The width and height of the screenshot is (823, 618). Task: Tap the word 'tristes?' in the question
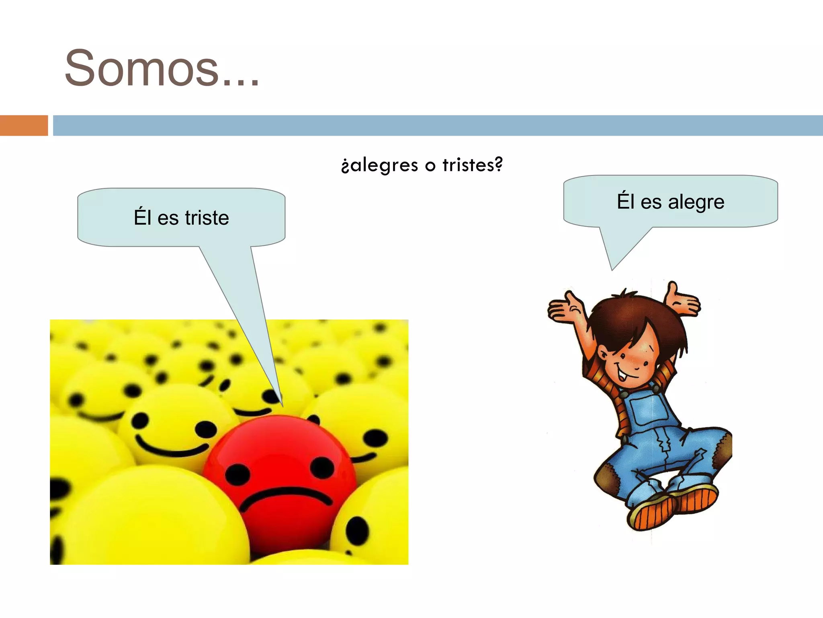pos(473,165)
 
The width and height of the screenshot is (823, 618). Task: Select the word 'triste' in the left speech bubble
pos(207,218)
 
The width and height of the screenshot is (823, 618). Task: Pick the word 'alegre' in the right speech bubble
pos(696,202)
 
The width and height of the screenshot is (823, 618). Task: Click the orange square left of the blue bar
pos(24,126)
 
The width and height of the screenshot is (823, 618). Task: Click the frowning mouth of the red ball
pos(287,497)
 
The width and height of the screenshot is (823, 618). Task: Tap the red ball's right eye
pos(322,467)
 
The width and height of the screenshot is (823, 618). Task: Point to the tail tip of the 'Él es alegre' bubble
pos(612,269)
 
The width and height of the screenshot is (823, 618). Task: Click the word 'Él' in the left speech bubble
pos(142,217)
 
